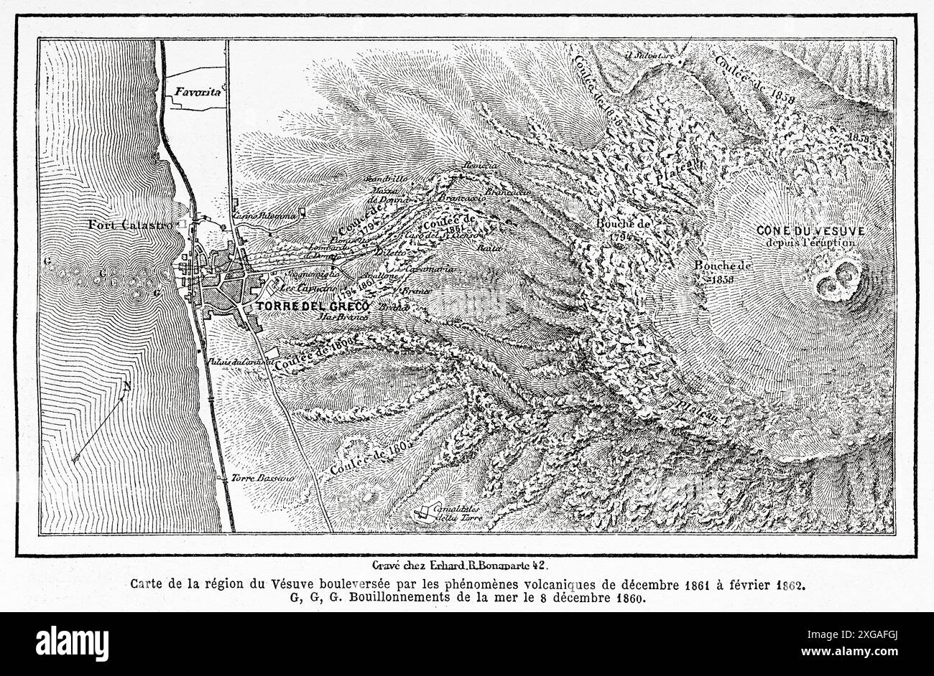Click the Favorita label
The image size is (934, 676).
coord(196,92)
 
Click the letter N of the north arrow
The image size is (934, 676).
coord(126,388)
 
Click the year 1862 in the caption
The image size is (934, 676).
coord(789,584)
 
